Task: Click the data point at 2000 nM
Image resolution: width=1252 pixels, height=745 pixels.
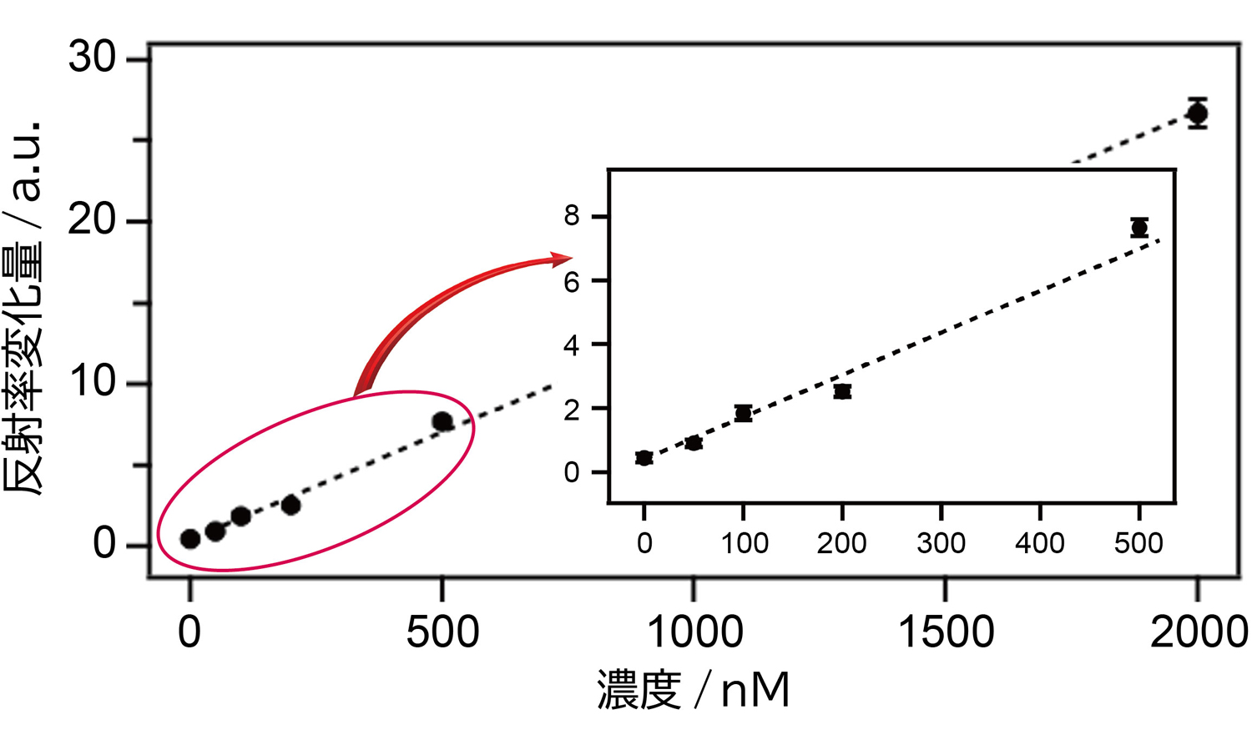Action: coord(1197,113)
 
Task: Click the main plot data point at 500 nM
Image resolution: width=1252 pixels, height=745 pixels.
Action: coord(442,422)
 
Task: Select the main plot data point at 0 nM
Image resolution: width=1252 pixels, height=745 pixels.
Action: coord(190,539)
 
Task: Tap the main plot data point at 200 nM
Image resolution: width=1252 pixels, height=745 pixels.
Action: coord(290,505)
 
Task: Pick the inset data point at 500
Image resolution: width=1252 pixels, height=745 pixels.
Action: coord(1139,228)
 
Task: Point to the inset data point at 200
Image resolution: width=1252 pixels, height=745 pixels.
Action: coord(842,391)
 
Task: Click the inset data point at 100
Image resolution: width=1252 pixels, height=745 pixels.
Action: coord(743,413)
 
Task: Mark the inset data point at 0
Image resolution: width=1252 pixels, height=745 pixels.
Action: coord(644,457)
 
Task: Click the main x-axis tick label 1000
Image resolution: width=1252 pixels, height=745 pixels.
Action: coord(694,632)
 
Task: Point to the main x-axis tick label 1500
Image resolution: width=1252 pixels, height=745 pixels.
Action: coord(946,632)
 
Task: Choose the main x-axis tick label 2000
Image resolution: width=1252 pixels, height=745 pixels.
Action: coord(1198,632)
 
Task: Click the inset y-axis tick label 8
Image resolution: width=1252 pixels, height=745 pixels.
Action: coord(572,216)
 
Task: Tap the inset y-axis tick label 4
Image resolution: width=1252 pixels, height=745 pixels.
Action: coord(572,345)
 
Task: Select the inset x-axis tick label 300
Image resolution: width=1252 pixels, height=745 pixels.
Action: coord(941,544)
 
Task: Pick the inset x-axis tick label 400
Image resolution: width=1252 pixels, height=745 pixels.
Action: coord(1039,544)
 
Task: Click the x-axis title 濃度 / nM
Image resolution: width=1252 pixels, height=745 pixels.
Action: coord(693,691)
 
